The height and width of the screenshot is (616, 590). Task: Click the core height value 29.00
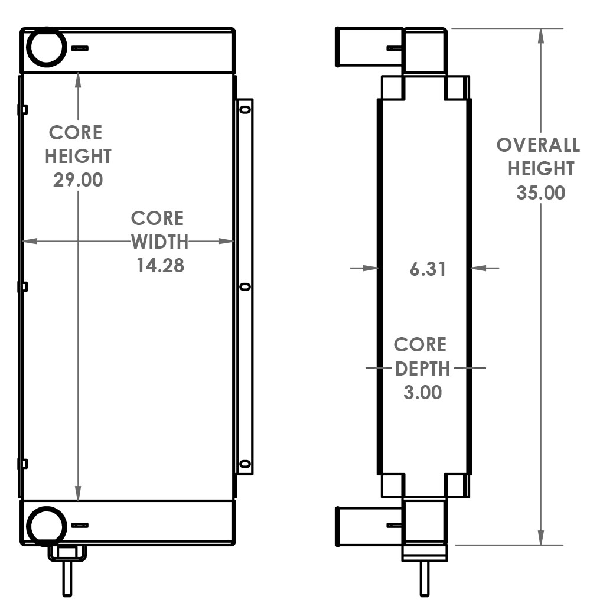click(x=78, y=180)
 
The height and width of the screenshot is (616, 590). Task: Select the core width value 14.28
click(x=160, y=265)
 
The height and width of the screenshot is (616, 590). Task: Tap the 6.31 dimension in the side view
click(x=428, y=269)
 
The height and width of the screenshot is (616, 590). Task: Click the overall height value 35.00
click(x=540, y=193)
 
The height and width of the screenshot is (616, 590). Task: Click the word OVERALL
click(x=538, y=145)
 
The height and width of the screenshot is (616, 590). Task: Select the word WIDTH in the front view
click(x=159, y=242)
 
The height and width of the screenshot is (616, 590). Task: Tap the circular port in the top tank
click(x=47, y=47)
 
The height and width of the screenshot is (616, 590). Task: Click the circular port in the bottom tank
click(x=47, y=524)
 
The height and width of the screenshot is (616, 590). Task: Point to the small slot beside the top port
click(x=80, y=48)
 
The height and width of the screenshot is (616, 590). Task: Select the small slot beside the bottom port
click(x=80, y=525)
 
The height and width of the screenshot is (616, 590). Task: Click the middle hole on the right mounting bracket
click(x=245, y=287)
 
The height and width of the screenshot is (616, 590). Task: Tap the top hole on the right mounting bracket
click(x=245, y=109)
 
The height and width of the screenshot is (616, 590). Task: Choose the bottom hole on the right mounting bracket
click(x=245, y=464)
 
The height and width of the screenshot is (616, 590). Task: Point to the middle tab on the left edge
click(x=24, y=287)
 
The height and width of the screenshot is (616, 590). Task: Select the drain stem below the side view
click(x=424, y=578)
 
